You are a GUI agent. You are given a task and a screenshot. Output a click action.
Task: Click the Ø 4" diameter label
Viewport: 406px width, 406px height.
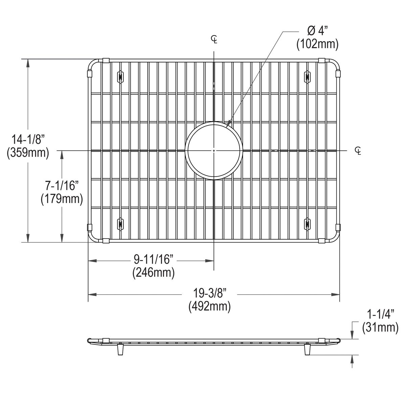pyautogui.click(x=317, y=31)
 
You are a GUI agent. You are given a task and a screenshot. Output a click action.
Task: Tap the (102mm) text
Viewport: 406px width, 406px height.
pyautogui.click(x=317, y=44)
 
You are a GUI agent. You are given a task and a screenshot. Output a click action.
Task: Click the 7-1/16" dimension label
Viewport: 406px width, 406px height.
pyautogui.click(x=62, y=185)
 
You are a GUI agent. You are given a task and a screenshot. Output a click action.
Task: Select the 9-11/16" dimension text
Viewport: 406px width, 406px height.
pyautogui.click(x=153, y=260)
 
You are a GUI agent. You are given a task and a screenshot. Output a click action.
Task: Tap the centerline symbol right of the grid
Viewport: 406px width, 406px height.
pyautogui.click(x=358, y=150)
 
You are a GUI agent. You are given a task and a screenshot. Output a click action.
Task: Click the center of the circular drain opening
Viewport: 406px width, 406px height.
pyautogui.click(x=214, y=150)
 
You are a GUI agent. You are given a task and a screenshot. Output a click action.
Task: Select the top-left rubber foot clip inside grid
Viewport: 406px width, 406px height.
pyautogui.click(x=120, y=76)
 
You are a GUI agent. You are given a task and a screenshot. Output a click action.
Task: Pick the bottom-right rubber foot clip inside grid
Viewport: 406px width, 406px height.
pyautogui.click(x=307, y=224)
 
